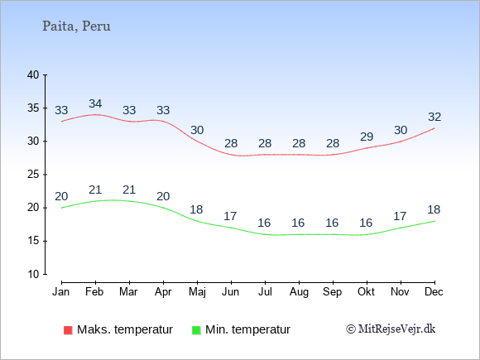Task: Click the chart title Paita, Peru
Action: click(x=76, y=26)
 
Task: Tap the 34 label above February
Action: click(x=95, y=103)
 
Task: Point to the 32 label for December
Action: click(x=434, y=117)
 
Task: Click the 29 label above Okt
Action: click(x=367, y=137)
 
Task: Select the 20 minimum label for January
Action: click(x=61, y=196)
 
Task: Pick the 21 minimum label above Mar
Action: click(x=129, y=190)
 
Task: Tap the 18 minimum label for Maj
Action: click(x=196, y=209)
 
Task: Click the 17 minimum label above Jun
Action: click(x=230, y=217)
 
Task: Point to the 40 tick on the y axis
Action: click(x=33, y=75)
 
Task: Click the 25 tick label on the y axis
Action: click(x=33, y=175)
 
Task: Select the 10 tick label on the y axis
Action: click(x=33, y=274)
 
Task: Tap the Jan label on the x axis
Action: click(x=61, y=292)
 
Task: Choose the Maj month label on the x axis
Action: click(x=197, y=292)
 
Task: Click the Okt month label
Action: click(x=366, y=292)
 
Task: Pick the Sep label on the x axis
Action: click(x=332, y=292)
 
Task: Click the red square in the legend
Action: click(x=68, y=330)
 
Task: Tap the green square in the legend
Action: click(x=196, y=330)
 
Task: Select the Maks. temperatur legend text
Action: click(x=125, y=329)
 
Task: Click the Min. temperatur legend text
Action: click(x=247, y=329)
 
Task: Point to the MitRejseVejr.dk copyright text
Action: click(x=391, y=329)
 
